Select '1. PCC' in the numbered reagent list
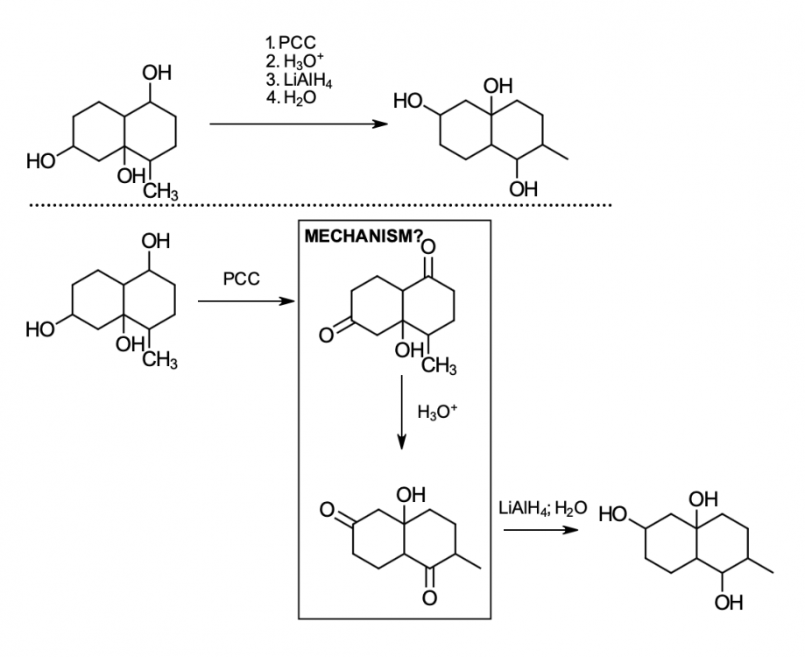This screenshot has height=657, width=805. (289, 41)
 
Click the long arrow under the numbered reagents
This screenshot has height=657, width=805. (298, 124)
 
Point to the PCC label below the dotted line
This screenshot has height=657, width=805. (241, 279)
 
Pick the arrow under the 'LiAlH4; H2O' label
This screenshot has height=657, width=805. (540, 530)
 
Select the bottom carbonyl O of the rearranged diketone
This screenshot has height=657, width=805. (428, 598)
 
